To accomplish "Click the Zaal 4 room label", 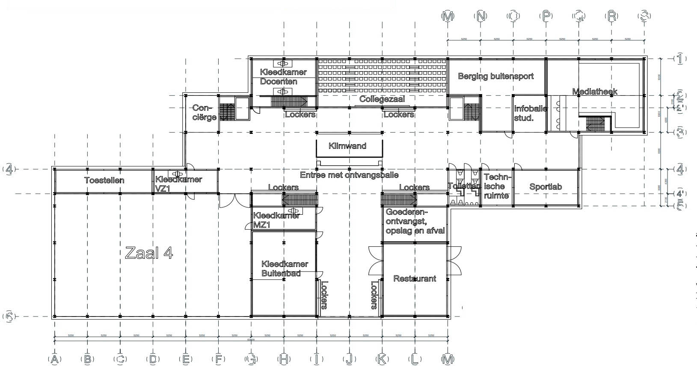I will pos(149,253).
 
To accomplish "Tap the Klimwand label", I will pos(347,146).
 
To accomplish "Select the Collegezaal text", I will pos(382,99).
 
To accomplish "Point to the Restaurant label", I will pos(415,278).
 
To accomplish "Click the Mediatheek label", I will pos(595,92).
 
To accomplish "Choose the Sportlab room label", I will pos(546,186).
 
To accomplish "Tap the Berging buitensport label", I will pos(495,76).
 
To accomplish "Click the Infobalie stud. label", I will pos(530,113).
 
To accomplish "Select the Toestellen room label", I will pos(104,180).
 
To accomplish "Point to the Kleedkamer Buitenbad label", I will pos(285,269).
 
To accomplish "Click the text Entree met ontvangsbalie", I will pos(349,175).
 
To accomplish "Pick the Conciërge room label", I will pos(204,112).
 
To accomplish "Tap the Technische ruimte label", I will pos(496,186).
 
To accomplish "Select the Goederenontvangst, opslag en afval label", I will pos(415,221).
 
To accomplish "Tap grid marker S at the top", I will pos(644,16).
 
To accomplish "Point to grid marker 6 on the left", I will pos(9,317).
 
